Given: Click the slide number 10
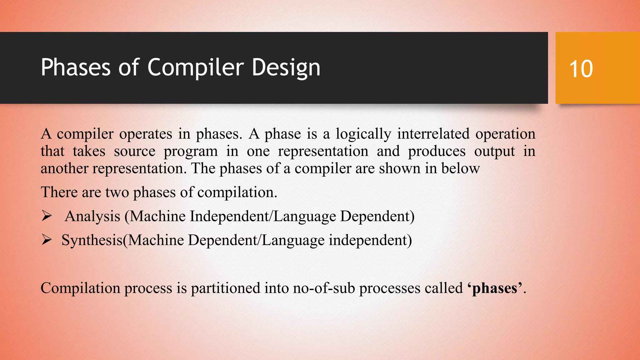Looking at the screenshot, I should [581, 69].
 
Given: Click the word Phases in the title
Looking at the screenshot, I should [76, 67].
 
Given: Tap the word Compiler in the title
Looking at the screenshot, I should [195, 67].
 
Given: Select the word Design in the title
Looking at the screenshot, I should [286, 67].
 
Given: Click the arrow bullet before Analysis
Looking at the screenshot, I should [47, 216].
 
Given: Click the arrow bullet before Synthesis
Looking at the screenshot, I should [47, 240].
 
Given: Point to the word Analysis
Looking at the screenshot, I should [92, 216].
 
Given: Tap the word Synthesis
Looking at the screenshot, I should [92, 240].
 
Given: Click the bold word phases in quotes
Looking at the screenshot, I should [494, 288].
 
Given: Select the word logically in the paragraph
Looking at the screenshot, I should [363, 134].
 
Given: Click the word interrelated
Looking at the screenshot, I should [433, 134].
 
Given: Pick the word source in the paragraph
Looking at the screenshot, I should [134, 152].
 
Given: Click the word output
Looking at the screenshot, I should [494, 152].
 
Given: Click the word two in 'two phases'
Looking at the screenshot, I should [117, 192].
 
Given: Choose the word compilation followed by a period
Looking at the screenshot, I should [237, 192].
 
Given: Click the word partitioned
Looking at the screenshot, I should [225, 288].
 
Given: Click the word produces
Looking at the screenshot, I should [437, 152].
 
